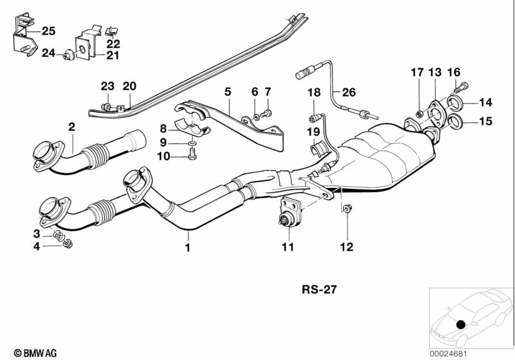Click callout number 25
tap(49, 30)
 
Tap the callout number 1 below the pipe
tap(188, 247)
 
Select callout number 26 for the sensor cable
tap(348, 93)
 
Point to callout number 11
tap(287, 247)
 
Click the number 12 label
tap(347, 247)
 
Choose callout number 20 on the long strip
tap(130, 86)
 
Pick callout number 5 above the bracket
tap(227, 92)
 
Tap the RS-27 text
tap(318, 290)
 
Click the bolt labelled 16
tap(460, 88)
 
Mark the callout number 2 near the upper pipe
tap(72, 128)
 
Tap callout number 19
tap(313, 133)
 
